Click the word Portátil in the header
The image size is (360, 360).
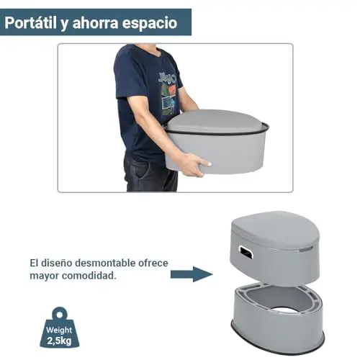click(x=30, y=23)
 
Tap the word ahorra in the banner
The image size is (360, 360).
click(x=95, y=23)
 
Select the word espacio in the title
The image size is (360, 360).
click(x=150, y=23)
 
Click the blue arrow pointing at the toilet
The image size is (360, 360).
click(x=192, y=274)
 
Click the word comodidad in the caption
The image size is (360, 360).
click(x=89, y=276)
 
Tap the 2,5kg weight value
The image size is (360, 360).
click(x=59, y=341)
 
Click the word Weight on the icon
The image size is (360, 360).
click(x=59, y=330)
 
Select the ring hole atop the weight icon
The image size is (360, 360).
click(x=60, y=315)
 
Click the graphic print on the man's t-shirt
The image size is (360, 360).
click(x=168, y=93)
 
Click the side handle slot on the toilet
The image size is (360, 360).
click(x=246, y=252)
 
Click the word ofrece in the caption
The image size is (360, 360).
click(x=153, y=263)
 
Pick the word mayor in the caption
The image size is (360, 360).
click(x=45, y=276)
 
